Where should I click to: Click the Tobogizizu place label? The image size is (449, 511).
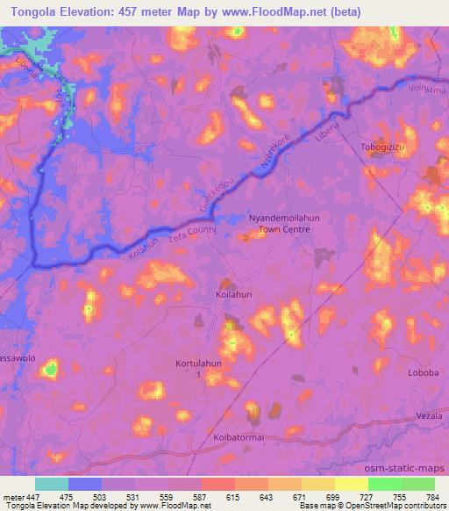pos(385,147)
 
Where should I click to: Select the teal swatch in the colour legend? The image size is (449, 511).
pos(52,484)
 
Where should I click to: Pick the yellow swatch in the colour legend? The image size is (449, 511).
pos(351,484)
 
